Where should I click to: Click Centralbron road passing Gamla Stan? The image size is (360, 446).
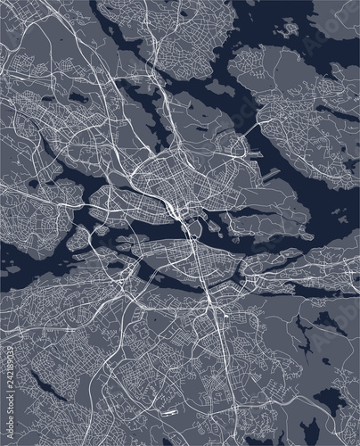[186, 219]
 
